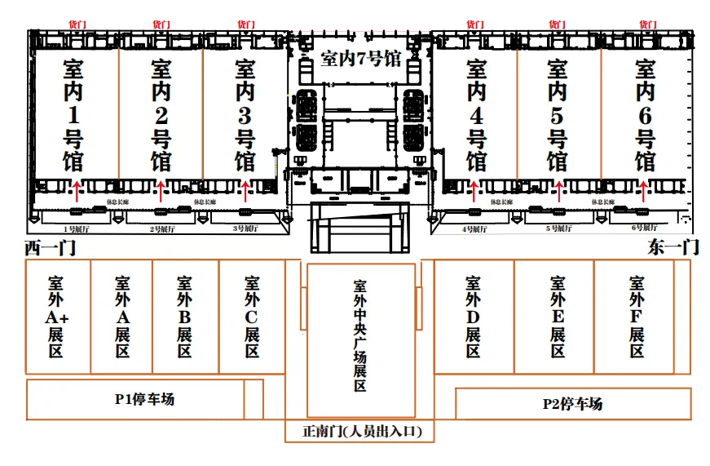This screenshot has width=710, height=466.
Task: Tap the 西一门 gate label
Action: pos(50,247)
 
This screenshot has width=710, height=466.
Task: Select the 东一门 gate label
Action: pos(673,247)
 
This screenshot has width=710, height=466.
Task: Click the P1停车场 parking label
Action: pos(144,399)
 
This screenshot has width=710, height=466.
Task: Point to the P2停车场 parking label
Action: pos(572,403)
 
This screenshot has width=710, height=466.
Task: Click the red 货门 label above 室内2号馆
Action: pos(161,25)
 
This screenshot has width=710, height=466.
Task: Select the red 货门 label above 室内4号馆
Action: pos(474,25)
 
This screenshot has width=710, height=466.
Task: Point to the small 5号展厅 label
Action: pos(559,229)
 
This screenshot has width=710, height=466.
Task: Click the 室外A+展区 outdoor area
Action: pos(56,317)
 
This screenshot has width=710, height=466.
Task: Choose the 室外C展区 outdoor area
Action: pos(252,317)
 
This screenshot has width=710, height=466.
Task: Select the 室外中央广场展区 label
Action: pos(360,335)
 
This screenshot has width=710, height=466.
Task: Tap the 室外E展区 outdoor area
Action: pos(558,317)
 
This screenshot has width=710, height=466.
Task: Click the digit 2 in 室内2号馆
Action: pos(161,114)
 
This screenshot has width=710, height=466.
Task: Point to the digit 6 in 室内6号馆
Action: pos(645,114)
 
